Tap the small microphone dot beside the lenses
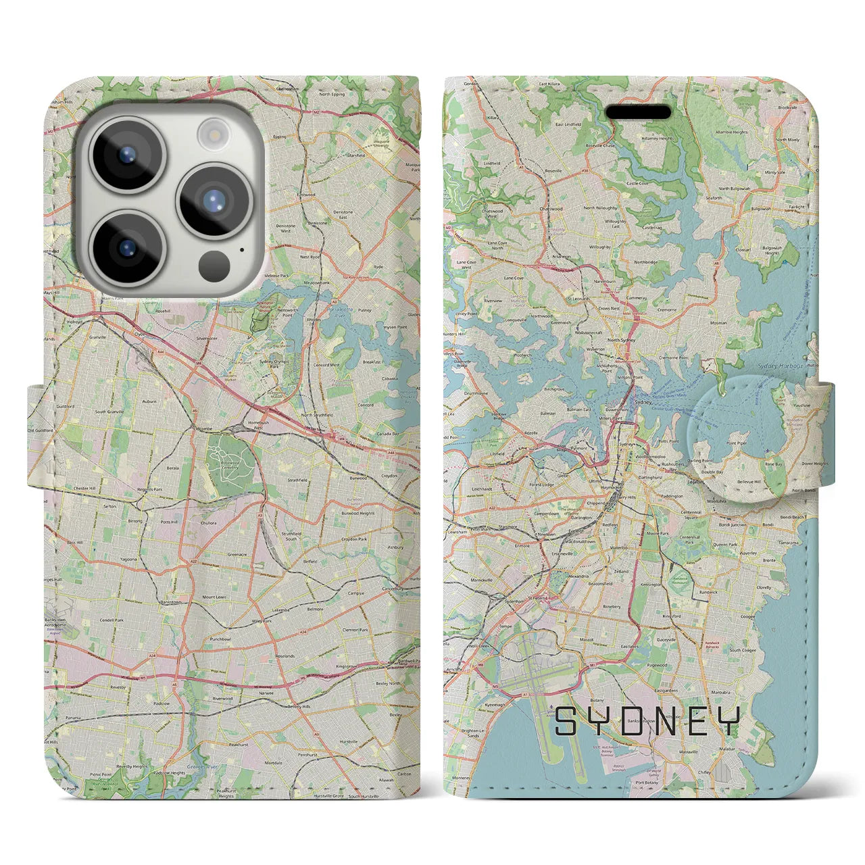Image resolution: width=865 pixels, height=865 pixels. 241,249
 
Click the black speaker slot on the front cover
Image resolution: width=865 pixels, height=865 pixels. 637,112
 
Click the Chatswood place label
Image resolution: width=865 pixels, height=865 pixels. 551,209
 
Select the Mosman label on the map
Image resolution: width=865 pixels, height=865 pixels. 718,323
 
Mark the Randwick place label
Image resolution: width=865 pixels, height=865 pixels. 708,591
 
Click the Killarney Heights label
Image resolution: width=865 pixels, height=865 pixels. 658,139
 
